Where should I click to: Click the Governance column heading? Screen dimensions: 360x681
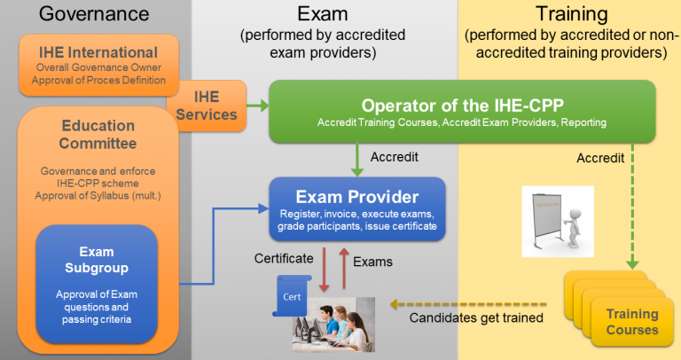point(95,15)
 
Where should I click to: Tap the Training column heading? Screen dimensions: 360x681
point(571,13)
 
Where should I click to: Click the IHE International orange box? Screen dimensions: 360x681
point(98,65)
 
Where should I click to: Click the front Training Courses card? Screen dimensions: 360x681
point(631,322)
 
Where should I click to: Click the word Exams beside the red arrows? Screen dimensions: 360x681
point(372,262)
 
